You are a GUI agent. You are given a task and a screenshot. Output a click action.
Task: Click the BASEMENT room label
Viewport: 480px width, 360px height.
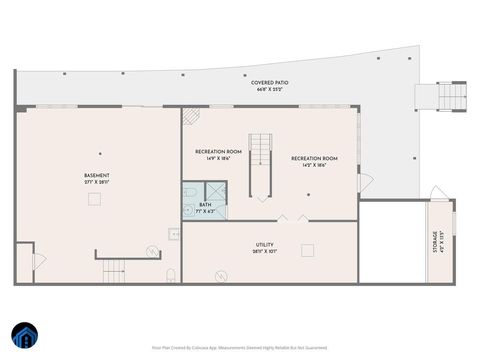[x=97, y=175]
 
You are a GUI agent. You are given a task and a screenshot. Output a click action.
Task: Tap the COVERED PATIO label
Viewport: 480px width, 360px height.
[x=267, y=81]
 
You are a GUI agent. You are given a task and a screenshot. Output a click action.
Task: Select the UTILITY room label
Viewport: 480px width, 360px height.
[x=265, y=244]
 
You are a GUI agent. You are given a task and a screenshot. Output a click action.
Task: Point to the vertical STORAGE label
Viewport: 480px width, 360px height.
[x=435, y=243]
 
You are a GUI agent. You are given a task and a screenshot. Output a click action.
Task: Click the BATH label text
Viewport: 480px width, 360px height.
[x=205, y=204]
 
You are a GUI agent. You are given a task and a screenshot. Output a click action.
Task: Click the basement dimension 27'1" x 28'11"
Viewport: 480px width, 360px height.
[x=97, y=182]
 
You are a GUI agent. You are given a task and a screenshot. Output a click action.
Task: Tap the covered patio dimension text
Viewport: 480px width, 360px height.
[x=267, y=88]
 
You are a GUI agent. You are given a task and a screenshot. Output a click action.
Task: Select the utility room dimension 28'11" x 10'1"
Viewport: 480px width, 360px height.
[x=265, y=251]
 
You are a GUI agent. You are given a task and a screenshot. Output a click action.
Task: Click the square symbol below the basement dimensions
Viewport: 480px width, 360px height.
[x=95, y=199]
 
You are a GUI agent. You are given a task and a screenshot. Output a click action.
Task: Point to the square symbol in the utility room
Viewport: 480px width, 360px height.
[x=308, y=250]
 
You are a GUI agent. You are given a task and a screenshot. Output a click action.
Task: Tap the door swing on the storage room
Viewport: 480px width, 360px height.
[x=436, y=193]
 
